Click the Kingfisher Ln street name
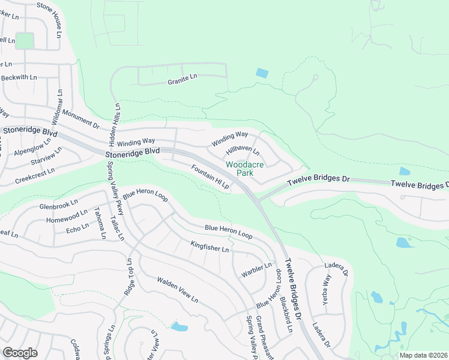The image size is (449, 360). click(x=209, y=246)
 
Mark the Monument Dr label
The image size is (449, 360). click(x=80, y=119)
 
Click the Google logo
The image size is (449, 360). click(x=20, y=353)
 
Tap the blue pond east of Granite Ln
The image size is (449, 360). click(x=262, y=73)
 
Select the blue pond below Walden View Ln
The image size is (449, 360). click(x=179, y=327)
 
